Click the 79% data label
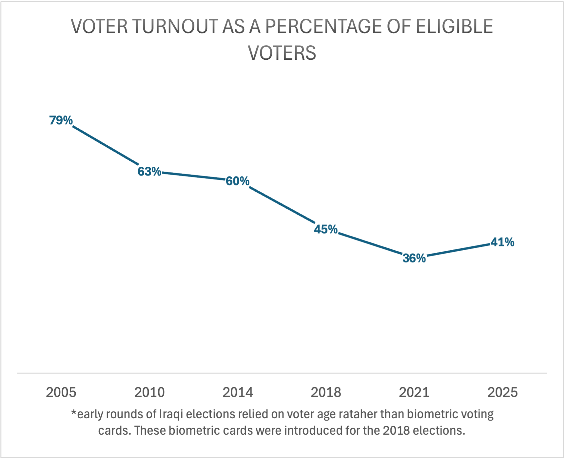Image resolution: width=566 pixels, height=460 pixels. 61,120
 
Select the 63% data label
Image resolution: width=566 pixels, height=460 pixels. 149,171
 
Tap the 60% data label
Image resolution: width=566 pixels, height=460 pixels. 238,181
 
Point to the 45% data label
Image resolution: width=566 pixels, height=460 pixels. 326,229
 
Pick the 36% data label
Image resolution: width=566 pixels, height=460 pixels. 414,258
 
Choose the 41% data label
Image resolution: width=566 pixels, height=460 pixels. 502,242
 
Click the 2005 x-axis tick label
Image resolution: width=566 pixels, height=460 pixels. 61,392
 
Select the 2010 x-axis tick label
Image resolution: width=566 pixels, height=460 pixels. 149,392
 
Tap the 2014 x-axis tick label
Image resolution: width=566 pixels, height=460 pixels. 238,392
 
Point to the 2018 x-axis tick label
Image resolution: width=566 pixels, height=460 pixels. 326,392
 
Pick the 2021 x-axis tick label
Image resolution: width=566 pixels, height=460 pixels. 414,392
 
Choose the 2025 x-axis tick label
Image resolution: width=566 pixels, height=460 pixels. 502,392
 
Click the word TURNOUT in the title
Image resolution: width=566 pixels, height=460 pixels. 175,27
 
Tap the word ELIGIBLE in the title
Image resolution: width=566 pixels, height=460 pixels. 454,27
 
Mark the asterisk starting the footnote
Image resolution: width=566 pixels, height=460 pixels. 74,413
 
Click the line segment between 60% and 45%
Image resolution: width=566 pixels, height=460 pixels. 282,205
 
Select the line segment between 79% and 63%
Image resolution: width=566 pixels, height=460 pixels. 105,145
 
